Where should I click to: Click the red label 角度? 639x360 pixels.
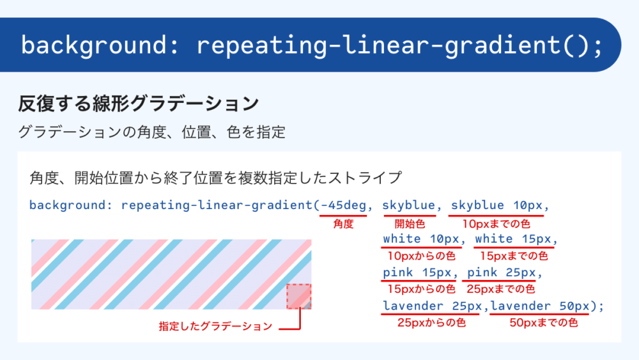pos(343,224)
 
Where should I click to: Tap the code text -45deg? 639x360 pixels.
pos(344,205)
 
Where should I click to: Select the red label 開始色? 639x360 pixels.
pos(410,224)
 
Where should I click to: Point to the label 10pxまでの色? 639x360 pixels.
pos(496,224)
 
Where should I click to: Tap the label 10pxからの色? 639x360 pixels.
pos(421,256)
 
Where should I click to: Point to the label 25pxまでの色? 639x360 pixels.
pos(500,289)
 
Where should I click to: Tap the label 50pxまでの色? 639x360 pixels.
pos(543,323)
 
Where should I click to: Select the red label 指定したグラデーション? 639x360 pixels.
pos(215,326)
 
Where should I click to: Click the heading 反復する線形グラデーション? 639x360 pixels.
pos(139,103)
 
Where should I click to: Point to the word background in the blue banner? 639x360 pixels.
pos(94,45)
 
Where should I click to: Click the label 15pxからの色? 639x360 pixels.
pos(421,289)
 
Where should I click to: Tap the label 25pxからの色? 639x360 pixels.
pos(431,323)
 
